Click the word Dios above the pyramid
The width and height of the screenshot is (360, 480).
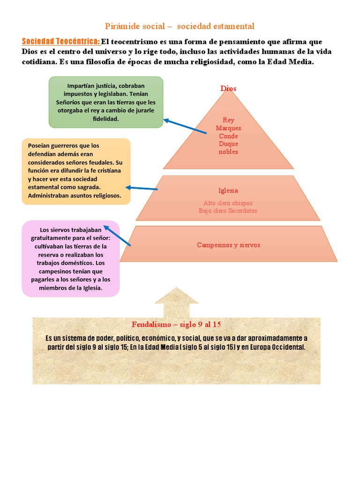228,89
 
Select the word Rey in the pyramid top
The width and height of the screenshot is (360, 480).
228,120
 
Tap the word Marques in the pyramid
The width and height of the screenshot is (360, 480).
228,128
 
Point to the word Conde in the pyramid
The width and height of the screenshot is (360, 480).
228,136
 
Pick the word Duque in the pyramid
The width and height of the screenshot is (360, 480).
228,144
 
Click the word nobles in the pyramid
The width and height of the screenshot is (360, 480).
228,152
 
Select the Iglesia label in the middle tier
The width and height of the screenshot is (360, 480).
228,191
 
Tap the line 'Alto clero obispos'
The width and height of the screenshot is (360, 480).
228,203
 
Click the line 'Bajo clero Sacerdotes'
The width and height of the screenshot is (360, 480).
228,211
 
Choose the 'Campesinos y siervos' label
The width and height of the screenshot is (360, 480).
228,245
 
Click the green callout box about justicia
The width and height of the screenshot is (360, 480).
106,102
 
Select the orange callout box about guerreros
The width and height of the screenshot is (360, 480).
76,171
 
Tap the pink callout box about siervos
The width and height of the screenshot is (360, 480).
70,258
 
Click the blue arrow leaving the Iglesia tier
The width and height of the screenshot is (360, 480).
142,188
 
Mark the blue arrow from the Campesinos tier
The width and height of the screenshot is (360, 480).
117,236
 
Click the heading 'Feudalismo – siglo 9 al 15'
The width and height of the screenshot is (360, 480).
176,325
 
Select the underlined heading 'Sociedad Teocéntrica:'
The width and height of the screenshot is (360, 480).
61,41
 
